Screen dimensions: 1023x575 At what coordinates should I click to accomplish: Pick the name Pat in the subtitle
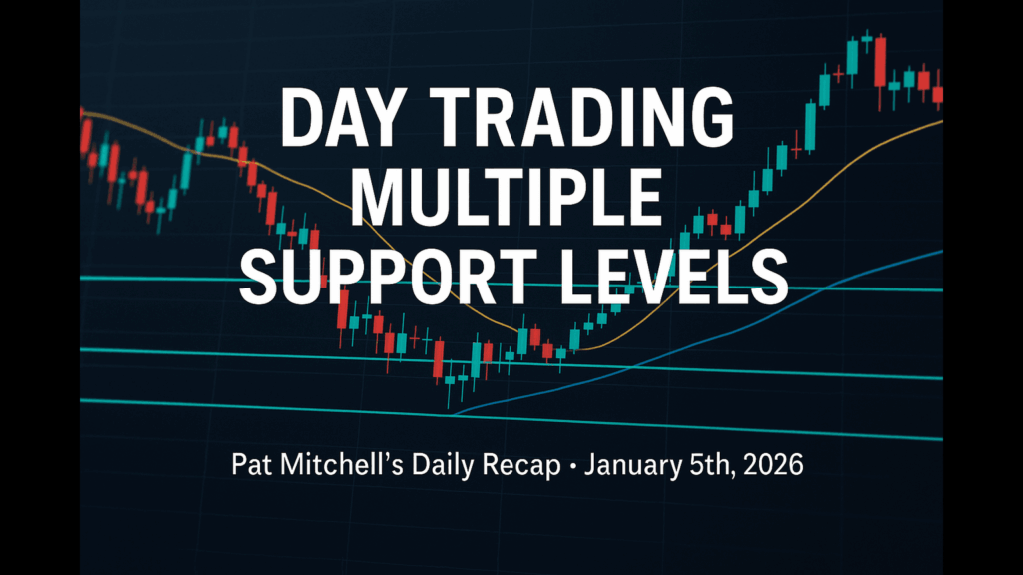click(x=247, y=465)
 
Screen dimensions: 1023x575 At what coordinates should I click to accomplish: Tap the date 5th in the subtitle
click(x=712, y=465)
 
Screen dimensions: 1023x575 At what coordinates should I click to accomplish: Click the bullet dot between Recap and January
click(x=572, y=467)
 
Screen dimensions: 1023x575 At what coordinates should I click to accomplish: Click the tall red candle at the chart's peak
click(x=881, y=62)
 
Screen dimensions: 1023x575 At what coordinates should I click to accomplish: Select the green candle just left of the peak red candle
click(x=866, y=40)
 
